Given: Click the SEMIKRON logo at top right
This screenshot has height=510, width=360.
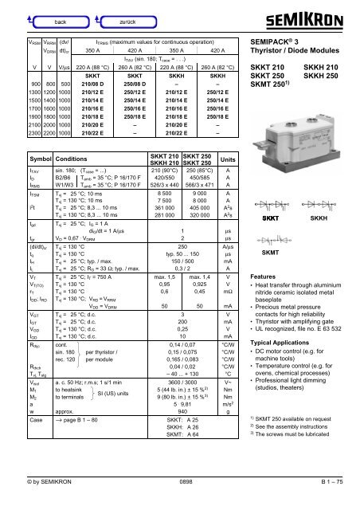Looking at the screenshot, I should [x=317, y=14].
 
